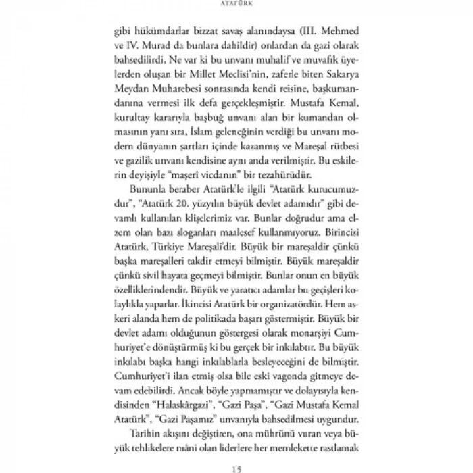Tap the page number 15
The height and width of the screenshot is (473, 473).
[x=236, y=467]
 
